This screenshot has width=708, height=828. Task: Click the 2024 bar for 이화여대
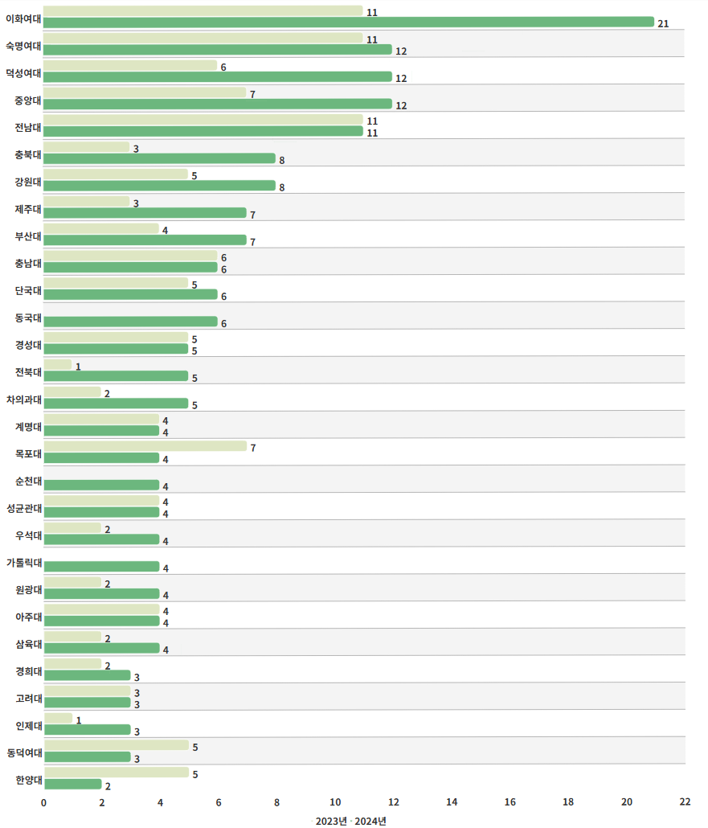349,22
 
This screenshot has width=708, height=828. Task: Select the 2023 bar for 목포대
145,446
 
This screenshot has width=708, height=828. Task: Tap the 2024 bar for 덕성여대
217,76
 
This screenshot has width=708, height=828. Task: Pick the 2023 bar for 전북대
58,365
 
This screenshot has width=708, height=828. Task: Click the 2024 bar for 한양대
72,784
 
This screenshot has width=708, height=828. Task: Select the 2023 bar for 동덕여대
116,745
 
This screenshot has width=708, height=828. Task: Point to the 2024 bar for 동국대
130,322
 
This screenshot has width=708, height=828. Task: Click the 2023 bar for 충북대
86,147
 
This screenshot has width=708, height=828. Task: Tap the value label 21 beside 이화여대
663,24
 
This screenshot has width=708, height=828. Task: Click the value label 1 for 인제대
78,720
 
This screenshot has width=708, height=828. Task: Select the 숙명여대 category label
23,45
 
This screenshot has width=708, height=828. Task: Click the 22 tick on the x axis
685,801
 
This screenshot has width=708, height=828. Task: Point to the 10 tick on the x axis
335,801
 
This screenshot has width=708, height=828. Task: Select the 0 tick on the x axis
43,801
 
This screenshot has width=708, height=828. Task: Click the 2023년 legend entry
331,821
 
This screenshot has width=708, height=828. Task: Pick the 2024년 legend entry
370,821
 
